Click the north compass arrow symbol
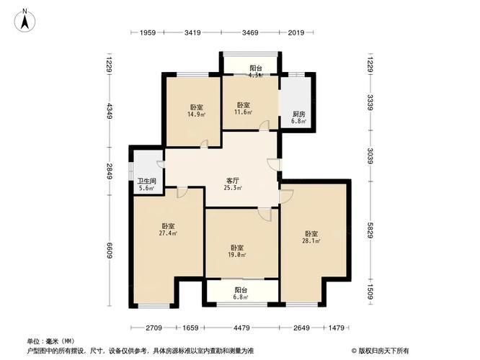25,19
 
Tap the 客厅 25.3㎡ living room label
232,184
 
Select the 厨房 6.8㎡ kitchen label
298,117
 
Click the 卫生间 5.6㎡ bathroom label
147,184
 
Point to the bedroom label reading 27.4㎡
169,229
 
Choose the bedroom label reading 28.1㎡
311,238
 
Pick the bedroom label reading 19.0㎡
238,251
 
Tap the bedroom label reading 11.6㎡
242,108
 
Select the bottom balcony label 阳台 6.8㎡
241,293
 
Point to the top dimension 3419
192,33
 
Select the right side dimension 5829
369,233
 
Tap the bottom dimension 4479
241,328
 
